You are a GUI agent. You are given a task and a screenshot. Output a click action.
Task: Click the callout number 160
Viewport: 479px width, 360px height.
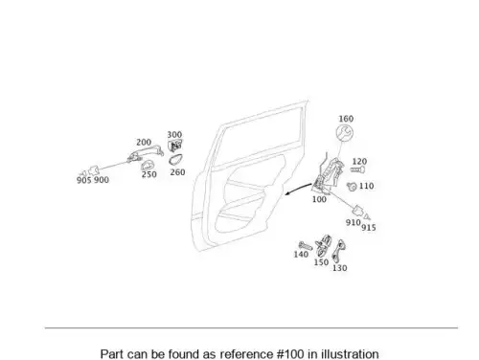[346, 119]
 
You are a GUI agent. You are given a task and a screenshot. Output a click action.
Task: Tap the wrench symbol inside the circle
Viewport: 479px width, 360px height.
[345, 132]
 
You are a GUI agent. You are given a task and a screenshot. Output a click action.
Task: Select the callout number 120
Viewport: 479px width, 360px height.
[359, 162]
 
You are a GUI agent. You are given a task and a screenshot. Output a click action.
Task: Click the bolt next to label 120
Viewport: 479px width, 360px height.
[357, 169]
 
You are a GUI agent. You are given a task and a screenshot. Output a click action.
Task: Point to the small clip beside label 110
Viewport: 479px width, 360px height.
[352, 186]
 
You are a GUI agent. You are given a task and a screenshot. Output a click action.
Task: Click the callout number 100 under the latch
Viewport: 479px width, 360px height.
[319, 199]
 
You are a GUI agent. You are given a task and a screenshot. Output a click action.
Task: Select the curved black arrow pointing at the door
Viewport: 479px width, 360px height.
[298, 189]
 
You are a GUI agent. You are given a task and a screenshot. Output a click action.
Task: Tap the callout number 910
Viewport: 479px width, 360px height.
[354, 222]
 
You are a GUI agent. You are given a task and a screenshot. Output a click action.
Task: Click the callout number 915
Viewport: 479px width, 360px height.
[369, 228]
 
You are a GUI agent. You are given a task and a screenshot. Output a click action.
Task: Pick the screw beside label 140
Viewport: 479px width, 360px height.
[305, 246]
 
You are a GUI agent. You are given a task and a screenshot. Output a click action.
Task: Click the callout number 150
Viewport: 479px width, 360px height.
[321, 262]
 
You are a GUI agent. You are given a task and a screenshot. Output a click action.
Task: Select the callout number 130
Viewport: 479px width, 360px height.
[340, 268]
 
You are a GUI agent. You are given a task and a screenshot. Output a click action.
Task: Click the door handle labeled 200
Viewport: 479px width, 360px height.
[146, 151]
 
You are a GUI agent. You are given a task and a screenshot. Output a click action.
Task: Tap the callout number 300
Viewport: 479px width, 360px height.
[174, 135]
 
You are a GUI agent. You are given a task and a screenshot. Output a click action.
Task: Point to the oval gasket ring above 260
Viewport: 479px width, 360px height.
[176, 159]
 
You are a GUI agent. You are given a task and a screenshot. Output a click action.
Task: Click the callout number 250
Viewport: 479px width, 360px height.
[149, 174]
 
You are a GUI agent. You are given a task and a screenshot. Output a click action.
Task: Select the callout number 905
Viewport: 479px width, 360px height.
[83, 180]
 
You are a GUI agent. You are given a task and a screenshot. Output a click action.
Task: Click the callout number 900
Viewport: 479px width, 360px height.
[102, 180]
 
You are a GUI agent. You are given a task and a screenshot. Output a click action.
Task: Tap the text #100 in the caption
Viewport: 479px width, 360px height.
[288, 354]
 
